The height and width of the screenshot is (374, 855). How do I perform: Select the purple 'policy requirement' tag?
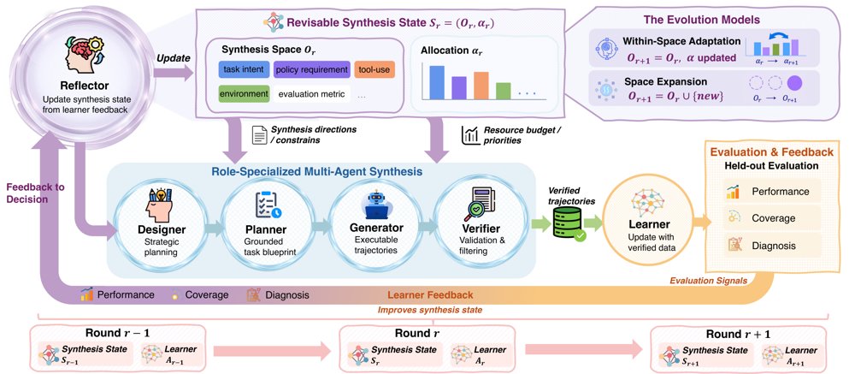point(311,69)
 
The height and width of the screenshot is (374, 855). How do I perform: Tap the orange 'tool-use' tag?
point(374,69)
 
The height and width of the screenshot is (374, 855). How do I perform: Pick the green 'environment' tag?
point(244,93)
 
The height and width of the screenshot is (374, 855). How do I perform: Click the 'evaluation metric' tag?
point(311,94)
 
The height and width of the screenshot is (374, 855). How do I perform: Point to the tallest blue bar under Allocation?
point(437,82)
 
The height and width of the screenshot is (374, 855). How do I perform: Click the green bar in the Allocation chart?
point(504,91)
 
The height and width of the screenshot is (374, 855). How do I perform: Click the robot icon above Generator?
point(374,205)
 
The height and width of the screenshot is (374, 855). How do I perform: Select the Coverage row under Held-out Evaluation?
point(763,218)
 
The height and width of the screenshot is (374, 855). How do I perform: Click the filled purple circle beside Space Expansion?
point(794,84)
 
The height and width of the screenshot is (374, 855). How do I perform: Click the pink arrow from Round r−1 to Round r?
point(272,350)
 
